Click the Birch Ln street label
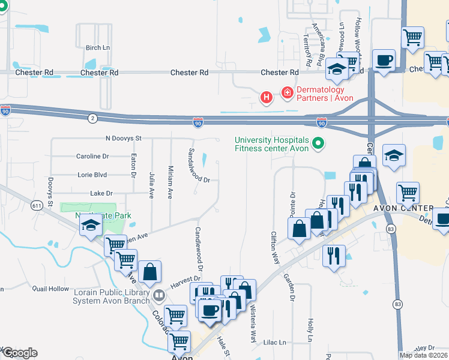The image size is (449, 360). [98, 48]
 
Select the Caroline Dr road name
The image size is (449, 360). [92, 156]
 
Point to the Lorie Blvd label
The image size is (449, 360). [92, 175]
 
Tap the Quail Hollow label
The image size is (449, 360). [51, 289]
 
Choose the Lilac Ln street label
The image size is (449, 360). [274, 342]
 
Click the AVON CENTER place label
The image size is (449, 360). [403, 208]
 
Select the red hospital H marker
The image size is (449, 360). [265, 97]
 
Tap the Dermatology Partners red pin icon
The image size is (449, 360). [287, 92]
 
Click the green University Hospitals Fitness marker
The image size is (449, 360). [319, 144]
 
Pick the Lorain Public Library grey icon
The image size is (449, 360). [158, 295]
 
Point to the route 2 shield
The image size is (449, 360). [92, 119]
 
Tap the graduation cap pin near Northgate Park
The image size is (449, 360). [91, 225]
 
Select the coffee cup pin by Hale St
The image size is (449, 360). [210, 310]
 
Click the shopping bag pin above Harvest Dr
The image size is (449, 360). [149, 272]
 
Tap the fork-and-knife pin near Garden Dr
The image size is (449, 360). [334, 256]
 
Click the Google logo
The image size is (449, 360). [19, 353]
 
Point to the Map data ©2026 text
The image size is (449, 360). [423, 355]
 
